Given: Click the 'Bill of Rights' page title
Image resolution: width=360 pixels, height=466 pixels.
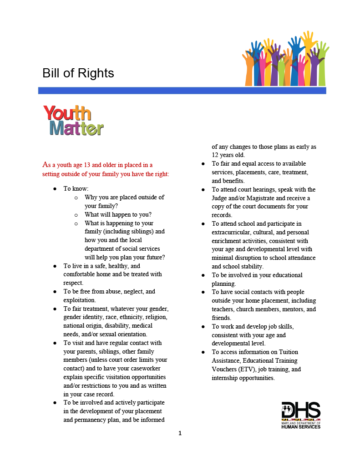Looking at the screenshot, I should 78,73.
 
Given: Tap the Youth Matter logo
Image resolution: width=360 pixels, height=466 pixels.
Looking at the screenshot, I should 73,121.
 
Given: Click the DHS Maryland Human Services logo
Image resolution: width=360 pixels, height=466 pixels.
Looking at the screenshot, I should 301,415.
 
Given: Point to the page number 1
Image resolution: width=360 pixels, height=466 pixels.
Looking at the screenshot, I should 180,433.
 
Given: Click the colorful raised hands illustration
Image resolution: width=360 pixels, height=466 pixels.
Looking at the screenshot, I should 285,59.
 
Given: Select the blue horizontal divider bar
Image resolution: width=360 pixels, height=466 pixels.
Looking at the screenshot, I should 182,91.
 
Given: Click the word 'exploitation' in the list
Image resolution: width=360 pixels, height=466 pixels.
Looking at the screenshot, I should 79,300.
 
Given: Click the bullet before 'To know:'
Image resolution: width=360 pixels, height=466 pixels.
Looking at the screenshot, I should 55,188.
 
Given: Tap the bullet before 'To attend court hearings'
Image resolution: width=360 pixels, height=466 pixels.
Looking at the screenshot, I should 203,189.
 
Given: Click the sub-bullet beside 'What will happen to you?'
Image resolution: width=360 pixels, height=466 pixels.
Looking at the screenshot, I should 76,215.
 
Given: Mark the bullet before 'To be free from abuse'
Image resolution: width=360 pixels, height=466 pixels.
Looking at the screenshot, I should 55,292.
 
